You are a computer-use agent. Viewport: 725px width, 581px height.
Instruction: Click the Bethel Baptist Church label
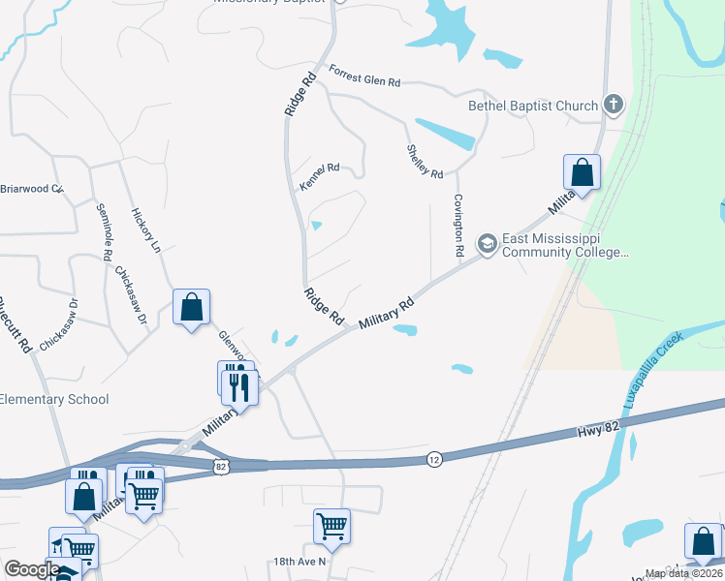(533, 106)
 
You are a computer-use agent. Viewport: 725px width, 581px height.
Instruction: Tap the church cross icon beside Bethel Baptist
(613, 104)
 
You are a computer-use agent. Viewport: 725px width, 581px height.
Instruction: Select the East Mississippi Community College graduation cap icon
(488, 243)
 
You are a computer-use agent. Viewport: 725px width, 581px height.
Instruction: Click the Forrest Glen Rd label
(364, 76)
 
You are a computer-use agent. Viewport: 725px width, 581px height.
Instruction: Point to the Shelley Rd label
(425, 161)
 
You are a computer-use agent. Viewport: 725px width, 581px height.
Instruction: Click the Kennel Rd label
(320, 177)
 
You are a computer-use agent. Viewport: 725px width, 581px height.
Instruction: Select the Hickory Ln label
(145, 230)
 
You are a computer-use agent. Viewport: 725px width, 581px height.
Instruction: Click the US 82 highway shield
(222, 467)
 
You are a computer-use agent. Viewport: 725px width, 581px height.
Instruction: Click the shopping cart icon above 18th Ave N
(331, 526)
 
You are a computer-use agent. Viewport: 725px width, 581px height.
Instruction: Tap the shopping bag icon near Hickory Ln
(191, 307)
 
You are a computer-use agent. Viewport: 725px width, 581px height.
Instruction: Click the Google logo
(33, 569)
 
